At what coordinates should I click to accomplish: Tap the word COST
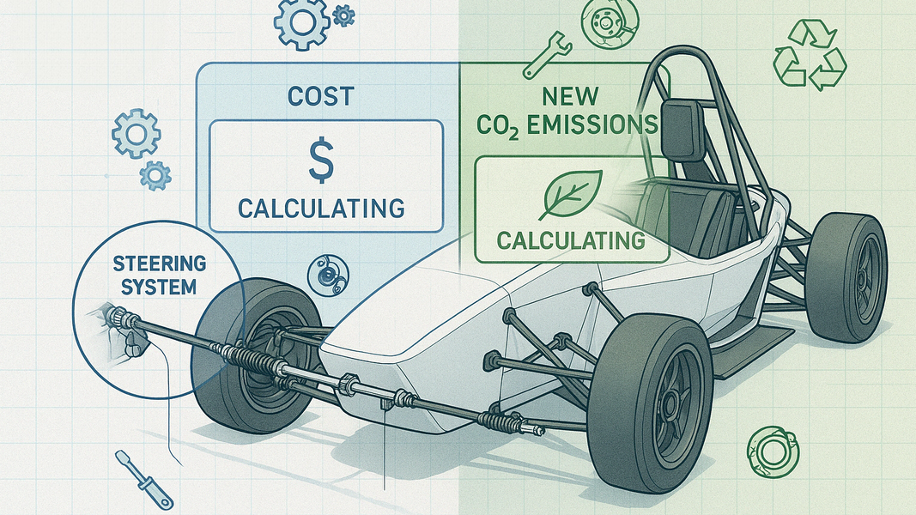(x=321, y=96)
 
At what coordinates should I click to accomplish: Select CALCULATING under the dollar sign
(x=321, y=209)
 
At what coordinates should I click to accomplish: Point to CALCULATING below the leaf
(x=571, y=240)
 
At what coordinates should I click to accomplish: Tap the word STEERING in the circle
(x=160, y=264)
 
